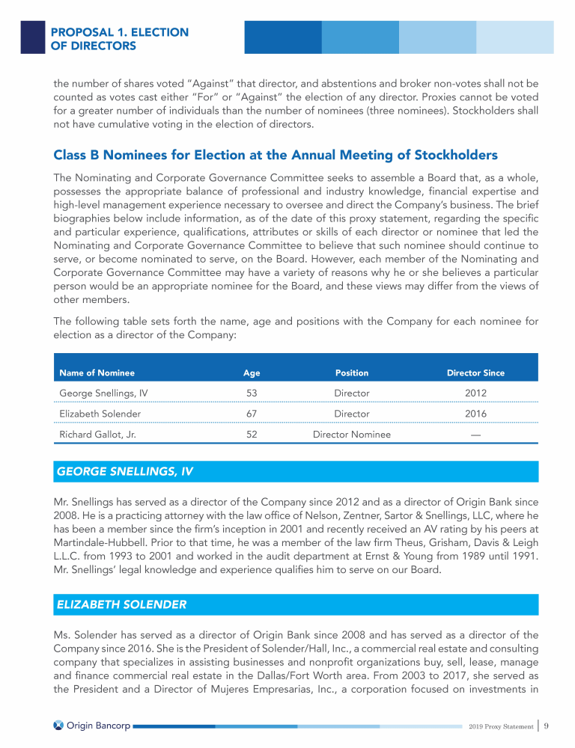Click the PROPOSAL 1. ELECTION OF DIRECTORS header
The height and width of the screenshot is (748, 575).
pyautogui.click(x=119, y=39)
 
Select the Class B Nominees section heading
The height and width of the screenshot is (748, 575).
pyautogui.click(x=276, y=156)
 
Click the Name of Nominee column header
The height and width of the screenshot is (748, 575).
pyautogui.click(x=97, y=373)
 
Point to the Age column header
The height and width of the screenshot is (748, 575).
pyautogui.click(x=252, y=373)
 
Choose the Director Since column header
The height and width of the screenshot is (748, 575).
pyautogui.click(x=475, y=373)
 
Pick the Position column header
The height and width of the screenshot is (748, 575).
pyautogui.click(x=351, y=373)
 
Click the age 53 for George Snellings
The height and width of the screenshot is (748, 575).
pyautogui.click(x=252, y=393)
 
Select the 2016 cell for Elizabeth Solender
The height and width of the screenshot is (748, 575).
pyautogui.click(x=475, y=413)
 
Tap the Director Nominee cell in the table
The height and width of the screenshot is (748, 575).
pyautogui.click(x=351, y=434)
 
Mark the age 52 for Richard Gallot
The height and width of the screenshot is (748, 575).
pyautogui.click(x=252, y=434)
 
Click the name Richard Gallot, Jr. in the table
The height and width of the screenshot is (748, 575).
pyautogui.click(x=97, y=434)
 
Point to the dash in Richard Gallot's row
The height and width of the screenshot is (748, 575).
pyautogui.click(x=475, y=434)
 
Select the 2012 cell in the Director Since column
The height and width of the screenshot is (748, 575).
pyautogui.click(x=475, y=393)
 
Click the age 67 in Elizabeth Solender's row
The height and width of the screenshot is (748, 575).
pyautogui.click(x=252, y=413)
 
